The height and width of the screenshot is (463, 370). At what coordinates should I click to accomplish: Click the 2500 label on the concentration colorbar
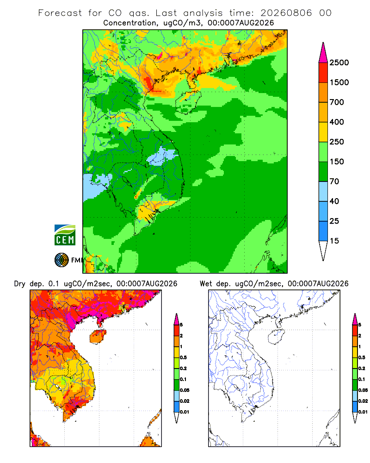pos(339,63)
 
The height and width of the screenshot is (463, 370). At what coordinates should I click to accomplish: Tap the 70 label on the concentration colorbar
pos(334,181)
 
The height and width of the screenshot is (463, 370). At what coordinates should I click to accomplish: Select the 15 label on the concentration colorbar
pos(334,241)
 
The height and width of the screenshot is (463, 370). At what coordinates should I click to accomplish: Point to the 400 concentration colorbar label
pos(337,122)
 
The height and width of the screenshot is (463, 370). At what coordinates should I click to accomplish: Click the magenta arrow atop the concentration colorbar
pos(323,53)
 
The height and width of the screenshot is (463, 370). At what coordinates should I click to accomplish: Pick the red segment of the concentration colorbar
pos(323,73)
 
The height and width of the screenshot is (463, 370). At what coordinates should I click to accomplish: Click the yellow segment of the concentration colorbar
pos(323,132)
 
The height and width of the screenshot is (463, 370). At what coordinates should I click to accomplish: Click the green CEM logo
pos(65,235)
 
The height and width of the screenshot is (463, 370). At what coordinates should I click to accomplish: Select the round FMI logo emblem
pos(62,260)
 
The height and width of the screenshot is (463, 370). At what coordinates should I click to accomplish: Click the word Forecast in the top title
pos(60,13)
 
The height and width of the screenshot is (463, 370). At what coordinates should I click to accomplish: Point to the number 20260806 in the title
pos(286,13)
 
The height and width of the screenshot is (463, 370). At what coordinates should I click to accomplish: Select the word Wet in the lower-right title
pos(206,284)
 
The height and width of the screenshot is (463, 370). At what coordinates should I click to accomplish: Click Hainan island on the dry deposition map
pos(98,337)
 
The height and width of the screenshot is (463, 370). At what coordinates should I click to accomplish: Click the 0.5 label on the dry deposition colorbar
pos(183,357)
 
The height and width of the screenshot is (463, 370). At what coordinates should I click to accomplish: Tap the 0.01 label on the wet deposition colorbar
pos(363,412)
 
